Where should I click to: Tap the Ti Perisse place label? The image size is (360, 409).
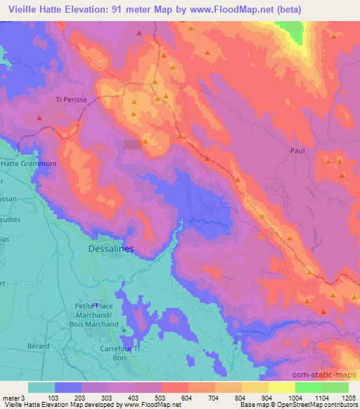(x=70, y=99)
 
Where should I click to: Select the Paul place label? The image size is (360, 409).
(x=299, y=150)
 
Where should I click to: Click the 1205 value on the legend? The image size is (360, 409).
(x=349, y=398)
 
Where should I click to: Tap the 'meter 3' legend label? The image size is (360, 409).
(x=13, y=398)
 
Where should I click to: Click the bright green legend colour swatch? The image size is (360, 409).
(x=308, y=387)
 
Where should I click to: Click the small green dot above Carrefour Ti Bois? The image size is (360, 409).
(x=125, y=329)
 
